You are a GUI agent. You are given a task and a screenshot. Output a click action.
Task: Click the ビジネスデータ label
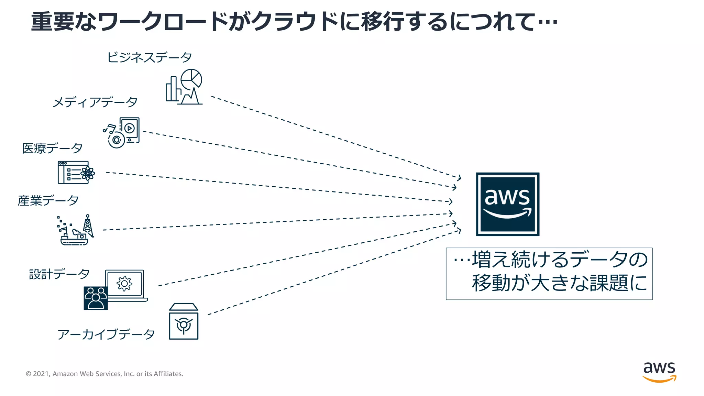coord(149,57)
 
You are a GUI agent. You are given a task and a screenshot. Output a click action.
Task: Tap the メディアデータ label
coord(95,102)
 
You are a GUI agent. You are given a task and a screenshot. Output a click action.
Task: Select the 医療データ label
coord(52,148)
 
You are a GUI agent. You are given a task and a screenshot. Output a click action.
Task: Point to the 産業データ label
coord(48,200)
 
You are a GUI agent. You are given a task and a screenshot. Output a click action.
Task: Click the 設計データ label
coord(59,274)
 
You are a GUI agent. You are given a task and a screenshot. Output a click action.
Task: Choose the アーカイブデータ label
coord(106,334)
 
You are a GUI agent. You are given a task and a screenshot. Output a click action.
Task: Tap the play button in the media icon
coord(129,128)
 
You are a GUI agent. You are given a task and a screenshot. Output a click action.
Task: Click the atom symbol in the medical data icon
coord(88,173)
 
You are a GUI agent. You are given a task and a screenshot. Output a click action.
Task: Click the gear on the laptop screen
coord(124,284)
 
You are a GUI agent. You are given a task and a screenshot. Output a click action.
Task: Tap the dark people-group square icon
coord(96,298)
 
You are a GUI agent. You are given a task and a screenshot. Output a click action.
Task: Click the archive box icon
coord(184,322)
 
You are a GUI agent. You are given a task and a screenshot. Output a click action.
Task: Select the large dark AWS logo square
coord(507,204)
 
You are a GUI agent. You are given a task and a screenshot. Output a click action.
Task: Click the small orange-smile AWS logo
coord(659,372)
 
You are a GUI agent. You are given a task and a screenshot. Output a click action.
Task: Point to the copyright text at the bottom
coord(104,374)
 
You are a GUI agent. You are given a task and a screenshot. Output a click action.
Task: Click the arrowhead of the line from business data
coord(459,178)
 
